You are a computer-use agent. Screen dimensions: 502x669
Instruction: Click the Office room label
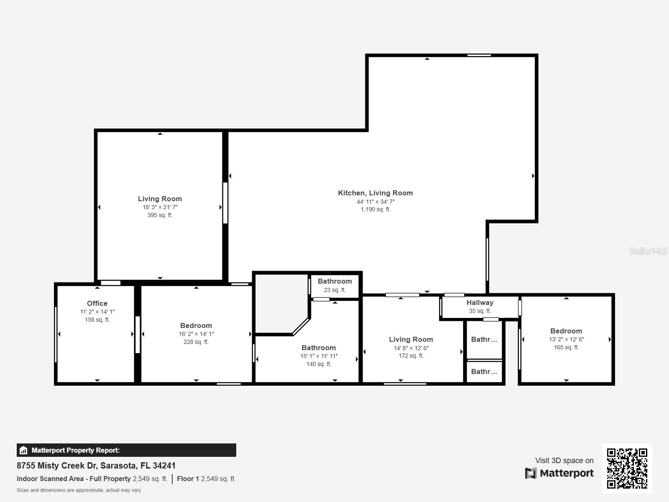(x=97, y=303)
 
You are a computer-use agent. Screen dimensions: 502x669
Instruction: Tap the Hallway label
(x=480, y=302)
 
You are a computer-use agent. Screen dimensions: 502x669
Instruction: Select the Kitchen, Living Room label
(x=375, y=193)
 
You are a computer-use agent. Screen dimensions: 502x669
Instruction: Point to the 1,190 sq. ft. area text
(x=375, y=209)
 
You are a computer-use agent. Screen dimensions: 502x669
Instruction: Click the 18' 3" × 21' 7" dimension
(x=160, y=207)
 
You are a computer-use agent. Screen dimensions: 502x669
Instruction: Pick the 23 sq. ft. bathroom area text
(x=334, y=290)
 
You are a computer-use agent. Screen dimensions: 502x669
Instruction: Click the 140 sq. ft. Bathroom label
(x=319, y=348)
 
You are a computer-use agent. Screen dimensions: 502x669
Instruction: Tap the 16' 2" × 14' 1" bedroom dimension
(x=196, y=334)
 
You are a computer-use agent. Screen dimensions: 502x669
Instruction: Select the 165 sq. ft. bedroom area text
(x=566, y=347)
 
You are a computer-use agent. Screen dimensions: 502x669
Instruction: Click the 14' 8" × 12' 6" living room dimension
(x=411, y=348)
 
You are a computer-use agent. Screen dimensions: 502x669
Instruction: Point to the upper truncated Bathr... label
(x=484, y=339)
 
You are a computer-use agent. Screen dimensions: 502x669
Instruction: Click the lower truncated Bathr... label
(x=484, y=371)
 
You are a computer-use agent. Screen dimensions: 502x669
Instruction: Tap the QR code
(x=627, y=468)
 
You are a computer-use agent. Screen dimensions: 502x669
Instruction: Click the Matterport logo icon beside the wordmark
(x=531, y=473)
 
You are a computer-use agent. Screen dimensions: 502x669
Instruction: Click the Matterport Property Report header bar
(x=126, y=450)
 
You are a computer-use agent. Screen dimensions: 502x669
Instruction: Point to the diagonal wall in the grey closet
(x=301, y=327)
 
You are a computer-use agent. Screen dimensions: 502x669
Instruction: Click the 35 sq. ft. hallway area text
(x=480, y=311)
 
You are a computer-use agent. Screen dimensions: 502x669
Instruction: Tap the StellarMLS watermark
(x=648, y=251)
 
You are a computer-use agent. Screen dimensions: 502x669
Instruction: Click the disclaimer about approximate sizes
(x=79, y=490)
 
